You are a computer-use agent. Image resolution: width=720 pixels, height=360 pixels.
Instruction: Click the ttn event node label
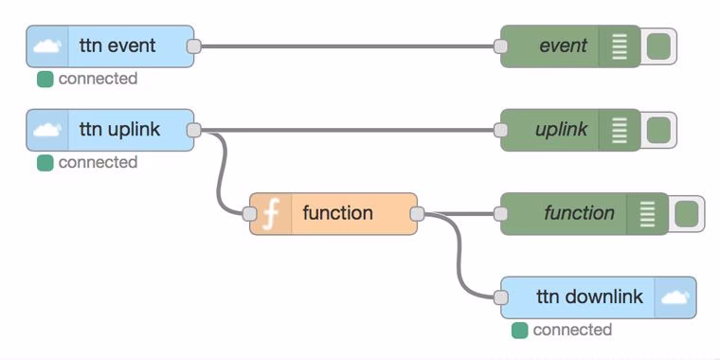(x=117, y=45)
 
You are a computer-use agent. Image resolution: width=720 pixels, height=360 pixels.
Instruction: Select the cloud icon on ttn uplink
(x=47, y=130)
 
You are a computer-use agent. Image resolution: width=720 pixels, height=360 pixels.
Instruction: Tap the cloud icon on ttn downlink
(x=674, y=297)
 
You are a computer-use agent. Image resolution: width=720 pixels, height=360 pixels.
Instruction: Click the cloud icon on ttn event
(x=47, y=45)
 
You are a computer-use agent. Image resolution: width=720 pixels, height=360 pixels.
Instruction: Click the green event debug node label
(x=563, y=45)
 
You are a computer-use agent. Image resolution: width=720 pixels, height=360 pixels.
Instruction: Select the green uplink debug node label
(x=561, y=130)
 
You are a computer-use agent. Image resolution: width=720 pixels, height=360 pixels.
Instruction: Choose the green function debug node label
(x=579, y=213)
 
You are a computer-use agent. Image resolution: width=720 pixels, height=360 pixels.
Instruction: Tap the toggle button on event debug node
(x=659, y=45)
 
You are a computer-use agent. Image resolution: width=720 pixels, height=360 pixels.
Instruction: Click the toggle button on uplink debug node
(x=659, y=130)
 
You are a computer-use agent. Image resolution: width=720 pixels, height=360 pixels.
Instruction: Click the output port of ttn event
(x=193, y=45)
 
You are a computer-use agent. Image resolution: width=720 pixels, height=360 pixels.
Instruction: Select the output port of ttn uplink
(x=193, y=130)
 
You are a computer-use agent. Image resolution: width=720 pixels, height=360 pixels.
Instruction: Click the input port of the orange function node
(x=253, y=213)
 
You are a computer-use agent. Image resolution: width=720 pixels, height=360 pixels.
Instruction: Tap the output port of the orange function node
(x=418, y=213)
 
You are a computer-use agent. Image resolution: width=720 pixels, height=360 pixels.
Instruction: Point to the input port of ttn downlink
(x=501, y=297)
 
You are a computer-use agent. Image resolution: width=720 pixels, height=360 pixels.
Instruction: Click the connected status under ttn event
(x=97, y=79)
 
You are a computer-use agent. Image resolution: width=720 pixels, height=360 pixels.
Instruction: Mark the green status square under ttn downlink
(x=519, y=331)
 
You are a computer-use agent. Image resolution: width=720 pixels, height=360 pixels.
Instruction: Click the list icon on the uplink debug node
(x=621, y=130)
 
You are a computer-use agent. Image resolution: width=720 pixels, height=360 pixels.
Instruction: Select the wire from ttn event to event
(x=347, y=45)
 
